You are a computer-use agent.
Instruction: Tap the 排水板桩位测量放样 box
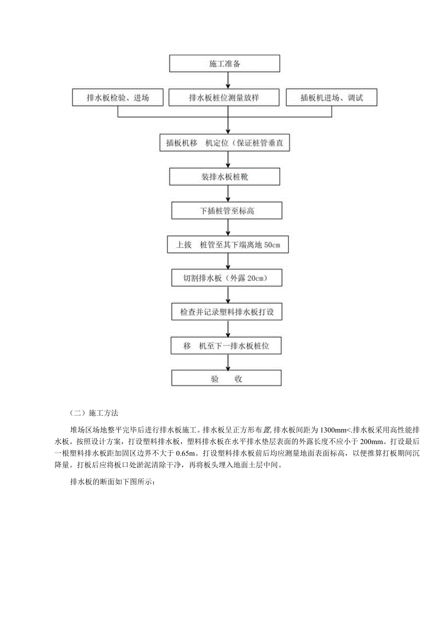click(224, 98)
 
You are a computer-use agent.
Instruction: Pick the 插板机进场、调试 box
click(332, 98)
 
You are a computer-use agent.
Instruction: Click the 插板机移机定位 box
click(224, 143)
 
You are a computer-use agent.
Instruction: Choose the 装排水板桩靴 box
click(224, 177)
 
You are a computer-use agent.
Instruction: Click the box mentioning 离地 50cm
click(228, 245)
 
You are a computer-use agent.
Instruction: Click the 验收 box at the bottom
click(227, 379)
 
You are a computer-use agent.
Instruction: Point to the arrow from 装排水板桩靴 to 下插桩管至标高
click(227, 194)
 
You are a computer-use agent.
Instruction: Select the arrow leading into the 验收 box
click(227, 363)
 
